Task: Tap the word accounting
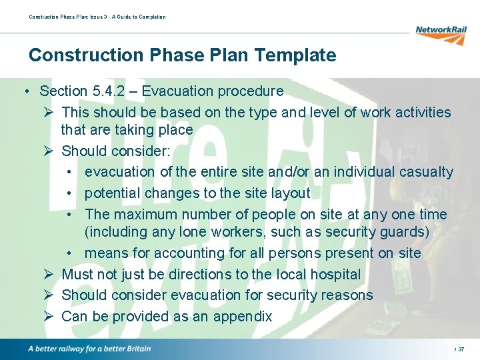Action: (183, 253)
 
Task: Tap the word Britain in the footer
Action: (135, 349)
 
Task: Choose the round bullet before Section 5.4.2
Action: (24, 91)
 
